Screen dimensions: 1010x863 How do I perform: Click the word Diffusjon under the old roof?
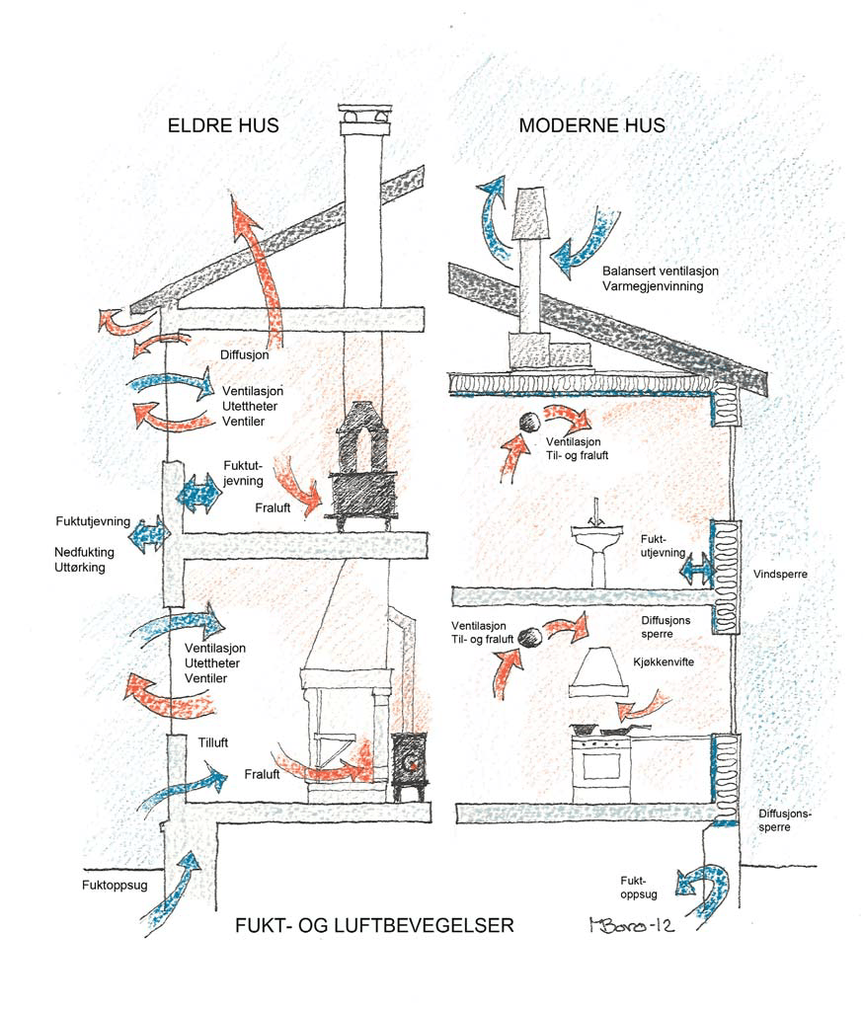pyautogui.click(x=244, y=352)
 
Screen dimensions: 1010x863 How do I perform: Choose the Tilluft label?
pyautogui.click(x=215, y=742)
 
